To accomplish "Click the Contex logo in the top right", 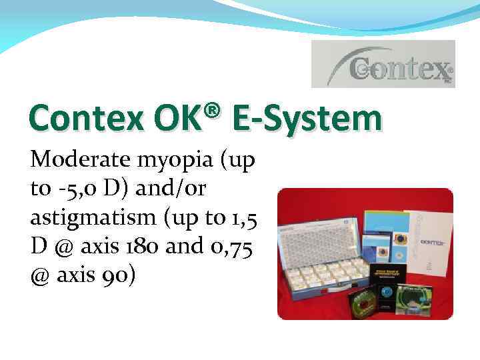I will (383, 64).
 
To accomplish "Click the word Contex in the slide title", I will (69, 119).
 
